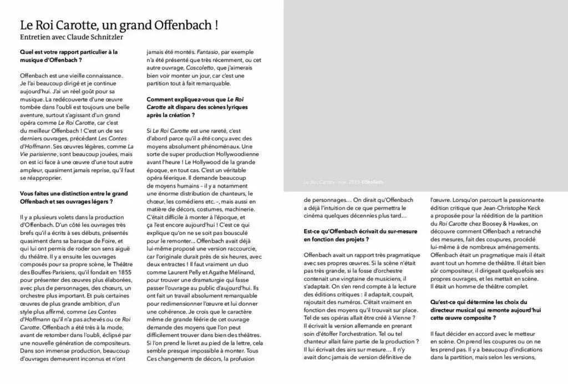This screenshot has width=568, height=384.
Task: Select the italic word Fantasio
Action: [201, 52]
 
